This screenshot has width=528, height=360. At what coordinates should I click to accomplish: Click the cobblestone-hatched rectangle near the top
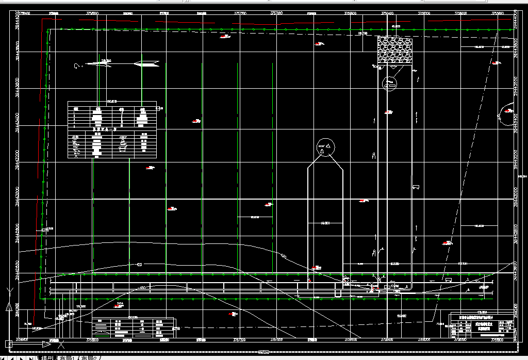coord(395,50)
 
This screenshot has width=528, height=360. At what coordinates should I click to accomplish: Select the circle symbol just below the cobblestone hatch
coord(390,82)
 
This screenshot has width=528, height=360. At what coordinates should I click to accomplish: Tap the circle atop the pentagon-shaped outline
coord(325,147)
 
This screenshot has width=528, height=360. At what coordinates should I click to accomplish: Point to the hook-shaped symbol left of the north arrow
coord(77,66)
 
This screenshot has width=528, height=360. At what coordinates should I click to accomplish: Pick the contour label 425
coord(139,265)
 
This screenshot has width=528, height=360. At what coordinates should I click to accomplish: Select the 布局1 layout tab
coord(68,357)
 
